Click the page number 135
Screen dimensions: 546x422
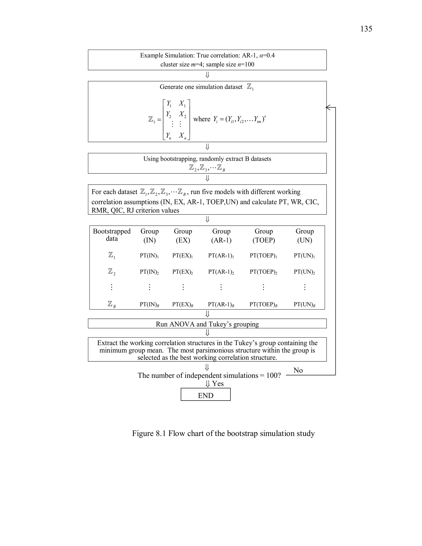(x=366, y=29)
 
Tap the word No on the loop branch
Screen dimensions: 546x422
(x=298, y=370)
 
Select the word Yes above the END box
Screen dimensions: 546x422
(x=218, y=383)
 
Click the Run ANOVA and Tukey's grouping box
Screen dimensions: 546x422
(x=207, y=324)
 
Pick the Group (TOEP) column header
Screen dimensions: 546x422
(x=264, y=236)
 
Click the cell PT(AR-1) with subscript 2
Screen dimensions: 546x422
(x=221, y=272)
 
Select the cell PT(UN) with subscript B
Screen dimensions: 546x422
(x=304, y=304)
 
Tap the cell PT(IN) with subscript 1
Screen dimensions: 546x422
(x=149, y=255)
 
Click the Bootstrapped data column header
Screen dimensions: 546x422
(x=112, y=235)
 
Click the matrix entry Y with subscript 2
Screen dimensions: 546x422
(x=169, y=114)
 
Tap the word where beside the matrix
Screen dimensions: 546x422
(x=202, y=119)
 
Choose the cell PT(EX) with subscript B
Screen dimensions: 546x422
(x=183, y=304)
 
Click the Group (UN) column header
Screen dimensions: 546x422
(x=305, y=236)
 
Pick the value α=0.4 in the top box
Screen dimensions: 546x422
(x=267, y=55)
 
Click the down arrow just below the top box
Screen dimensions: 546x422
(x=207, y=75)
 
